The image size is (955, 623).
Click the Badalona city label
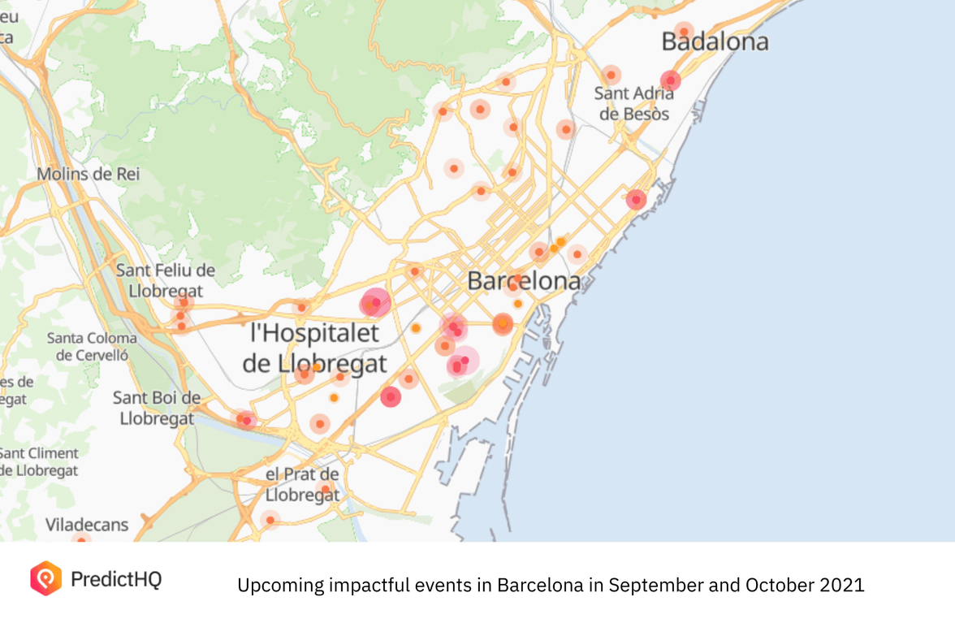tap(715, 41)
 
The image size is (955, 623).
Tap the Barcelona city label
tap(524, 282)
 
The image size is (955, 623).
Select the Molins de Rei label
tap(89, 174)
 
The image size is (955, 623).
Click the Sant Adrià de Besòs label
tap(634, 103)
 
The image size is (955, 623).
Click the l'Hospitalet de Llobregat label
tap(314, 348)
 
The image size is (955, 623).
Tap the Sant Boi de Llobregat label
tap(157, 408)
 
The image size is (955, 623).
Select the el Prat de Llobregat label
tap(302, 484)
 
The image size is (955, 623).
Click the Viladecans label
tap(87, 525)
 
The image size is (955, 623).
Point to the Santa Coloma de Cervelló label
tap(92, 346)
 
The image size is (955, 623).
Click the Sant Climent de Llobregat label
tap(39, 461)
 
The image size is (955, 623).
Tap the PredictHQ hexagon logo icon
tap(45, 578)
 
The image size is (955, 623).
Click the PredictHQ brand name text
tap(116, 579)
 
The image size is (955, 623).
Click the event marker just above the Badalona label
tap(684, 31)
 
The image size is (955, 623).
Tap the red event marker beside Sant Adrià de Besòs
tap(670, 80)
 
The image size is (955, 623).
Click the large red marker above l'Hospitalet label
tap(375, 303)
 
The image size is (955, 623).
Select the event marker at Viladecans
tap(80, 539)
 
